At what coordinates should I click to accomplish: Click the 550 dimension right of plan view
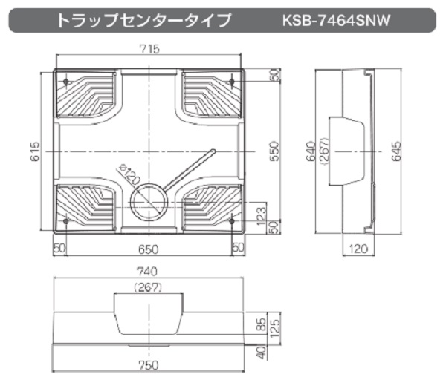tap(274, 151)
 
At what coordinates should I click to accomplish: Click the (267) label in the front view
tap(149, 287)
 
